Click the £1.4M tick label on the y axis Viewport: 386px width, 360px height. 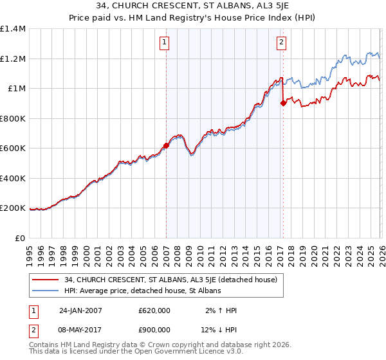tap(12, 29)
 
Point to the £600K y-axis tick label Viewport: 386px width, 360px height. tap(12, 148)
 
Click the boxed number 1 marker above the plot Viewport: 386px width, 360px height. tap(165, 43)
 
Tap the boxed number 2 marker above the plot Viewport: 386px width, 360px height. tap(282, 43)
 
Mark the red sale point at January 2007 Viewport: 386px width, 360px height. tap(166, 145)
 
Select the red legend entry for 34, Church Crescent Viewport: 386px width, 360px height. tap(170, 280)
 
